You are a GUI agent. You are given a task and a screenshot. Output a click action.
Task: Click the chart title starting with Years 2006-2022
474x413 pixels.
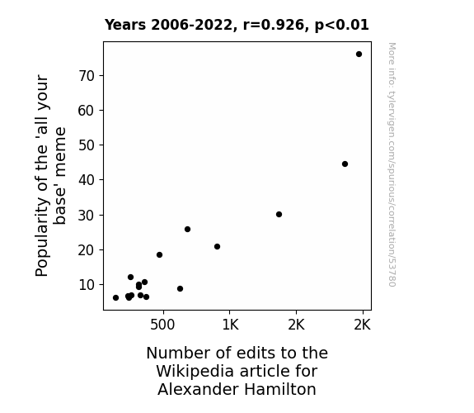(237, 25)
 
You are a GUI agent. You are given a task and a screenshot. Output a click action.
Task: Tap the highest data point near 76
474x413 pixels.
(359, 55)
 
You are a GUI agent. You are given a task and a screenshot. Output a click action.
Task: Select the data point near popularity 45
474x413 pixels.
(345, 164)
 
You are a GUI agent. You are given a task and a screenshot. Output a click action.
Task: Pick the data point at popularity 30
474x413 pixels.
(279, 215)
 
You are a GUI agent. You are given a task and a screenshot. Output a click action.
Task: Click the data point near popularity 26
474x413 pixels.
(187, 230)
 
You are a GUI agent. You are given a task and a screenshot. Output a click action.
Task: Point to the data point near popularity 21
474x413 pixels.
(217, 247)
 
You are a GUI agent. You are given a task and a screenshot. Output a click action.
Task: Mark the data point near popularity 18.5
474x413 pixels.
(160, 255)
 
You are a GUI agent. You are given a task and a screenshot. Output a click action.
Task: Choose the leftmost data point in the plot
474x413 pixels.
(115, 298)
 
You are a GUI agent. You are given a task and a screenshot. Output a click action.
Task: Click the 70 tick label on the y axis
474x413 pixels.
(87, 76)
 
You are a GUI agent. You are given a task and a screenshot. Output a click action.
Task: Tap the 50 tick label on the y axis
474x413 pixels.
(87, 145)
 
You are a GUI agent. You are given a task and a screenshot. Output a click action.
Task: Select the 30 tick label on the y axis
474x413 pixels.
(87, 216)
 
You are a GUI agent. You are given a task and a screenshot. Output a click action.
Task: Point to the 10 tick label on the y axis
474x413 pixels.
(87, 285)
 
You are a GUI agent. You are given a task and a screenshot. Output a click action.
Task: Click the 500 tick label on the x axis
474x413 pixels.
(162, 325)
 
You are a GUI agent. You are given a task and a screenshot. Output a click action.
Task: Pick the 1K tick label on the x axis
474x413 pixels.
(230, 325)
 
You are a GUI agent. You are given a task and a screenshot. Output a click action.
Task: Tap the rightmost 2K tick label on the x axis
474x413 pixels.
(362, 325)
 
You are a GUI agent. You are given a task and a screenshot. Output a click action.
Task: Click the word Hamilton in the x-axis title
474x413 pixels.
(280, 389)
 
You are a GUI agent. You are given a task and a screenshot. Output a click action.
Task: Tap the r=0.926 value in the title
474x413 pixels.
(274, 25)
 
